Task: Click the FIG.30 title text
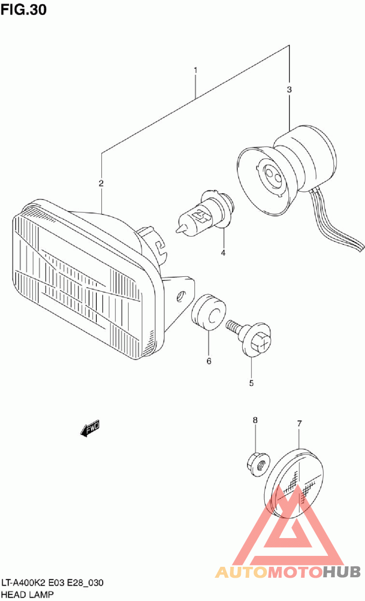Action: pyautogui.click(x=24, y=10)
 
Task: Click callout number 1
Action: pyautogui.click(x=196, y=71)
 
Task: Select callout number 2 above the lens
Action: pyautogui.click(x=101, y=184)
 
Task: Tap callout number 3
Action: pyautogui.click(x=289, y=90)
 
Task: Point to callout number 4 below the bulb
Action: pyautogui.click(x=224, y=253)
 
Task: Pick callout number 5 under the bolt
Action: pyautogui.click(x=251, y=383)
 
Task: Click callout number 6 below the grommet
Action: pyautogui.click(x=209, y=362)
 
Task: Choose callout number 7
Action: pyautogui.click(x=299, y=424)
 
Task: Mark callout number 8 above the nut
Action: pyautogui.click(x=255, y=420)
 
